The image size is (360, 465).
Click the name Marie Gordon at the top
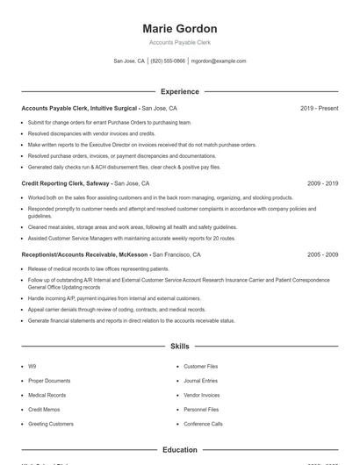(x=179, y=28)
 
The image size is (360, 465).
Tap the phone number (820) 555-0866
(x=168, y=61)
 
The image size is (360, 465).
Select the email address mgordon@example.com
(x=219, y=61)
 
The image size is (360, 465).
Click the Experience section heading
(x=179, y=91)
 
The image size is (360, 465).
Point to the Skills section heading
(x=179, y=347)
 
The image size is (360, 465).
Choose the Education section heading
(x=179, y=450)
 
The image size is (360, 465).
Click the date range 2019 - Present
(x=319, y=108)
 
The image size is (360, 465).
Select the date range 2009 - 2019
(x=322, y=183)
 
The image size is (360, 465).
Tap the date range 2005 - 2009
(x=322, y=254)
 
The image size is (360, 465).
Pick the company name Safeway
(x=98, y=183)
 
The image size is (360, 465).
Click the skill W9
(x=32, y=366)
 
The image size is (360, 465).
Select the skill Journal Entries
(x=201, y=381)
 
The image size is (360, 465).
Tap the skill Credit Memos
(x=44, y=409)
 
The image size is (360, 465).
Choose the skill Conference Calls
(x=203, y=424)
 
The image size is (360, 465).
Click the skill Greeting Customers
(x=51, y=424)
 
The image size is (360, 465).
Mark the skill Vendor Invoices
(x=202, y=395)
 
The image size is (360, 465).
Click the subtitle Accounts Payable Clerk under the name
(x=179, y=42)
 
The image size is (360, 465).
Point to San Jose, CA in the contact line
(x=130, y=61)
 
